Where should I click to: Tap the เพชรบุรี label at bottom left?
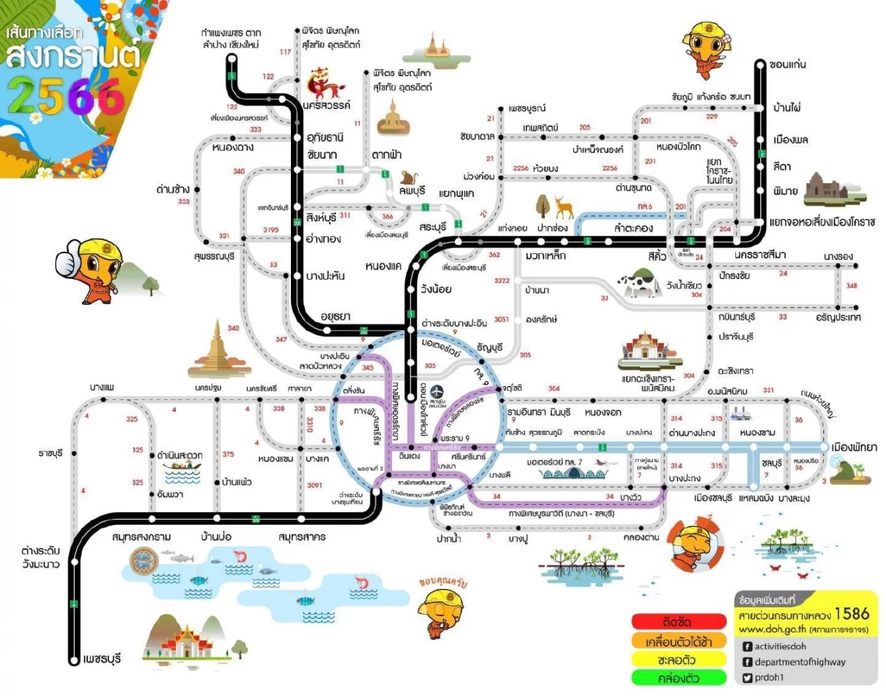click(x=103, y=658)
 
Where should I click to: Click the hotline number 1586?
click(x=857, y=615)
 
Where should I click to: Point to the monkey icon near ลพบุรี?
click(x=408, y=177)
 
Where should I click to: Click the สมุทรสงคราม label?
click(x=142, y=537)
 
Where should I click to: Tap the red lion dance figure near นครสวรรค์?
click(x=323, y=82)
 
